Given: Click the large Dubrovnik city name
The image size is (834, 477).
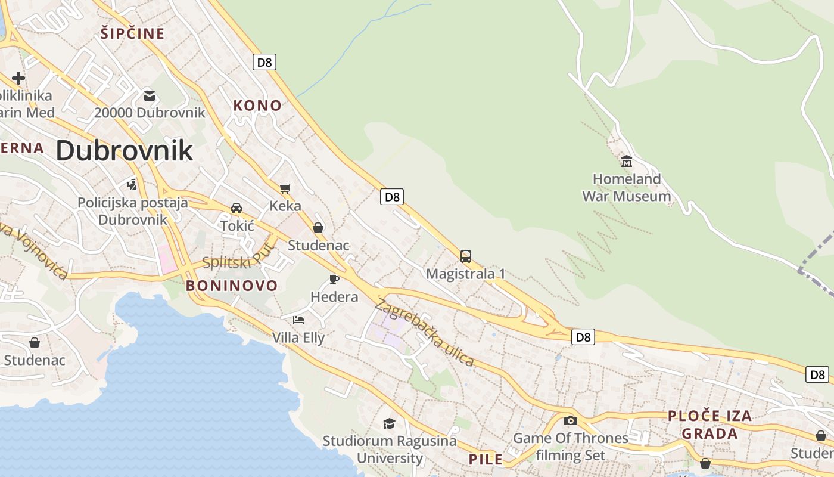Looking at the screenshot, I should coord(125,150).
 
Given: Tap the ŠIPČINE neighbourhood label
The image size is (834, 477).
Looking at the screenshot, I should coord(132,33).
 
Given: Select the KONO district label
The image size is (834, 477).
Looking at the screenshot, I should coord(257,106).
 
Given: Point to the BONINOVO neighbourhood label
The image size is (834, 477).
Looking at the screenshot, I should coord(232,286).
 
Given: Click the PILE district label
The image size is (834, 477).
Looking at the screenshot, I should coord(486,459).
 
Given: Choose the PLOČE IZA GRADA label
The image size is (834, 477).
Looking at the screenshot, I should coord(709,425).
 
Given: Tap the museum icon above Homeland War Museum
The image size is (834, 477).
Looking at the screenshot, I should coord(626,162).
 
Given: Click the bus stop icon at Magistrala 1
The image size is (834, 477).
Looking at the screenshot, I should coord(466,256).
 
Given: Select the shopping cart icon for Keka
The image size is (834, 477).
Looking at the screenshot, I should coord(285,189).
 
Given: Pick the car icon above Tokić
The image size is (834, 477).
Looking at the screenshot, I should coord(236,208).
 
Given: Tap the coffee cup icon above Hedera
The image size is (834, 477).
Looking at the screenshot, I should coord(334,279).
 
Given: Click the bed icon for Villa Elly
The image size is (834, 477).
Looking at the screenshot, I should coord(298,320).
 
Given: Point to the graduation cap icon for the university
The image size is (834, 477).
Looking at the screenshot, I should coord(389,423).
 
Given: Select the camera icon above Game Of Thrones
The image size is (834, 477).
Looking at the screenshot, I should coord(570,420).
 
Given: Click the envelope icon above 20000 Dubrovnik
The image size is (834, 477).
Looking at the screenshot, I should coord(149,95).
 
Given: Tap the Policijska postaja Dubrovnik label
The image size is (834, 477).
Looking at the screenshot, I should coord(133,211).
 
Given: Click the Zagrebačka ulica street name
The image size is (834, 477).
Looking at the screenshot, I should coord(424,332).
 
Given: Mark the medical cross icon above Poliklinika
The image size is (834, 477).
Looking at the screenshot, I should coord(18,78).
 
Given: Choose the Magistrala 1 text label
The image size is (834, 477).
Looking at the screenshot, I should coord(466,274).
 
